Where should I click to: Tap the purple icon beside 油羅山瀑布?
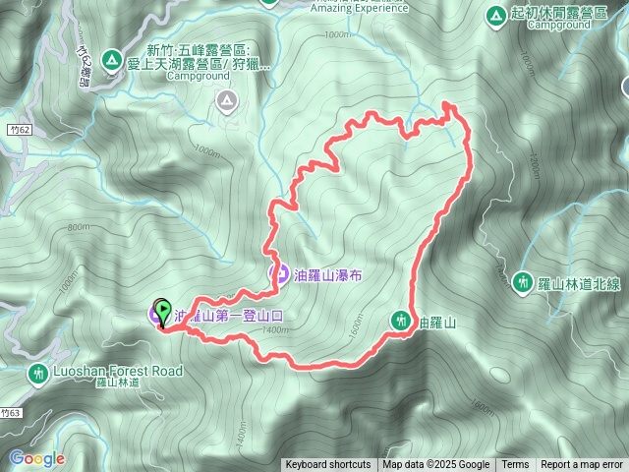pos(278,274)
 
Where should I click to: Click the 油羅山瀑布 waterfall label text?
pos(329,275)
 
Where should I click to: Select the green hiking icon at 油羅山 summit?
pos(400,320)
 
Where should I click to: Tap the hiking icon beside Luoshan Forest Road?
pos(37,374)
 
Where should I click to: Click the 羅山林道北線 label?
pos(580,283)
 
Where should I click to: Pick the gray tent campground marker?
pos(227,99)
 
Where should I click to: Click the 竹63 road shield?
pos(11,413)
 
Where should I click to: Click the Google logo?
pos(36,458)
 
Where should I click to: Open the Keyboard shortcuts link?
pos(328,465)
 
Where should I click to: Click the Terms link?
pos(515,465)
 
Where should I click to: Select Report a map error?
pos(582,465)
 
